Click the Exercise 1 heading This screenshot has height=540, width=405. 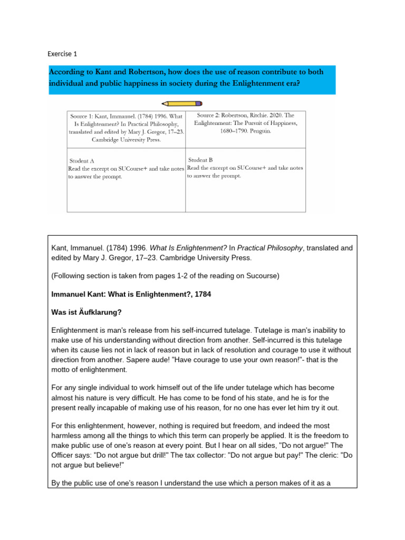[x=62, y=54]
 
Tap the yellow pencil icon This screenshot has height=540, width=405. [x=182, y=104]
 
